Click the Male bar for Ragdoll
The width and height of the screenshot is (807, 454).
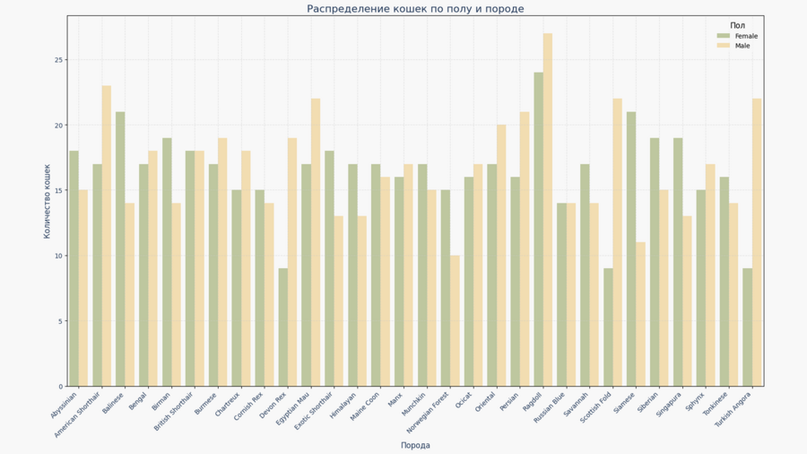[x=548, y=210]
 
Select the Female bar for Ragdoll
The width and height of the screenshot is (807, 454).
[x=538, y=230]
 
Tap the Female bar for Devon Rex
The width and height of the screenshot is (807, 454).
[x=283, y=327]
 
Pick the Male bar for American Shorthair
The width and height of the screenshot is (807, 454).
[x=107, y=236]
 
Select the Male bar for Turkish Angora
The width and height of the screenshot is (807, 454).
[x=757, y=242]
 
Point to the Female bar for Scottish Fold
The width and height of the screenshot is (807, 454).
[x=608, y=327]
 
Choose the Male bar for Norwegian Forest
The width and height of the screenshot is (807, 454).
[x=455, y=321]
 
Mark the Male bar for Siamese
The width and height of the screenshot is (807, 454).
[x=640, y=314]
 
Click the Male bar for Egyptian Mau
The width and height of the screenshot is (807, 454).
[x=316, y=242]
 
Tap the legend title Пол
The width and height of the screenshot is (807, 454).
[x=737, y=26]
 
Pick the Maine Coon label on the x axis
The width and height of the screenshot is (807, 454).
[x=366, y=407]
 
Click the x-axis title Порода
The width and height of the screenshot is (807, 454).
[x=415, y=445]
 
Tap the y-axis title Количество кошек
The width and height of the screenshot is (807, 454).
[x=48, y=201]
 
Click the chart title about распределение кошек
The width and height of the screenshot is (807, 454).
[x=415, y=9]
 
